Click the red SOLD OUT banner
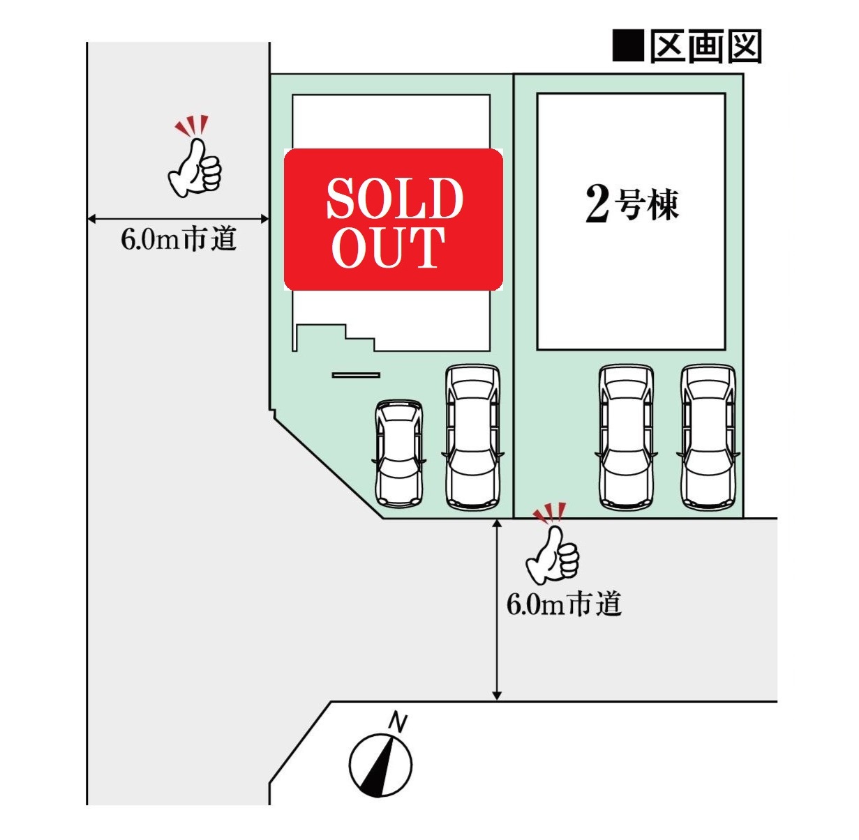pos(394,220)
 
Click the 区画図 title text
pos(706,46)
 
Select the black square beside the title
pos(629,45)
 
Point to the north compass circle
pos(381,765)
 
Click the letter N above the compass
pos(398,722)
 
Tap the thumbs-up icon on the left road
pos(195,157)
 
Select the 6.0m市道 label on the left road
pos(179,239)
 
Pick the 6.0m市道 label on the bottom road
pos(564,604)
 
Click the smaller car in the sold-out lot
pos(399,453)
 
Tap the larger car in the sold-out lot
pos(472,437)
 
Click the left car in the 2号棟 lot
pos(627,437)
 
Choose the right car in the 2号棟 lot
pos(708,437)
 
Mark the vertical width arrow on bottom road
pos(497,609)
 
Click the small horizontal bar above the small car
pos(356,375)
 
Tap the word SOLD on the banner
pos(395,198)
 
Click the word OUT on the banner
pos(388,247)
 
